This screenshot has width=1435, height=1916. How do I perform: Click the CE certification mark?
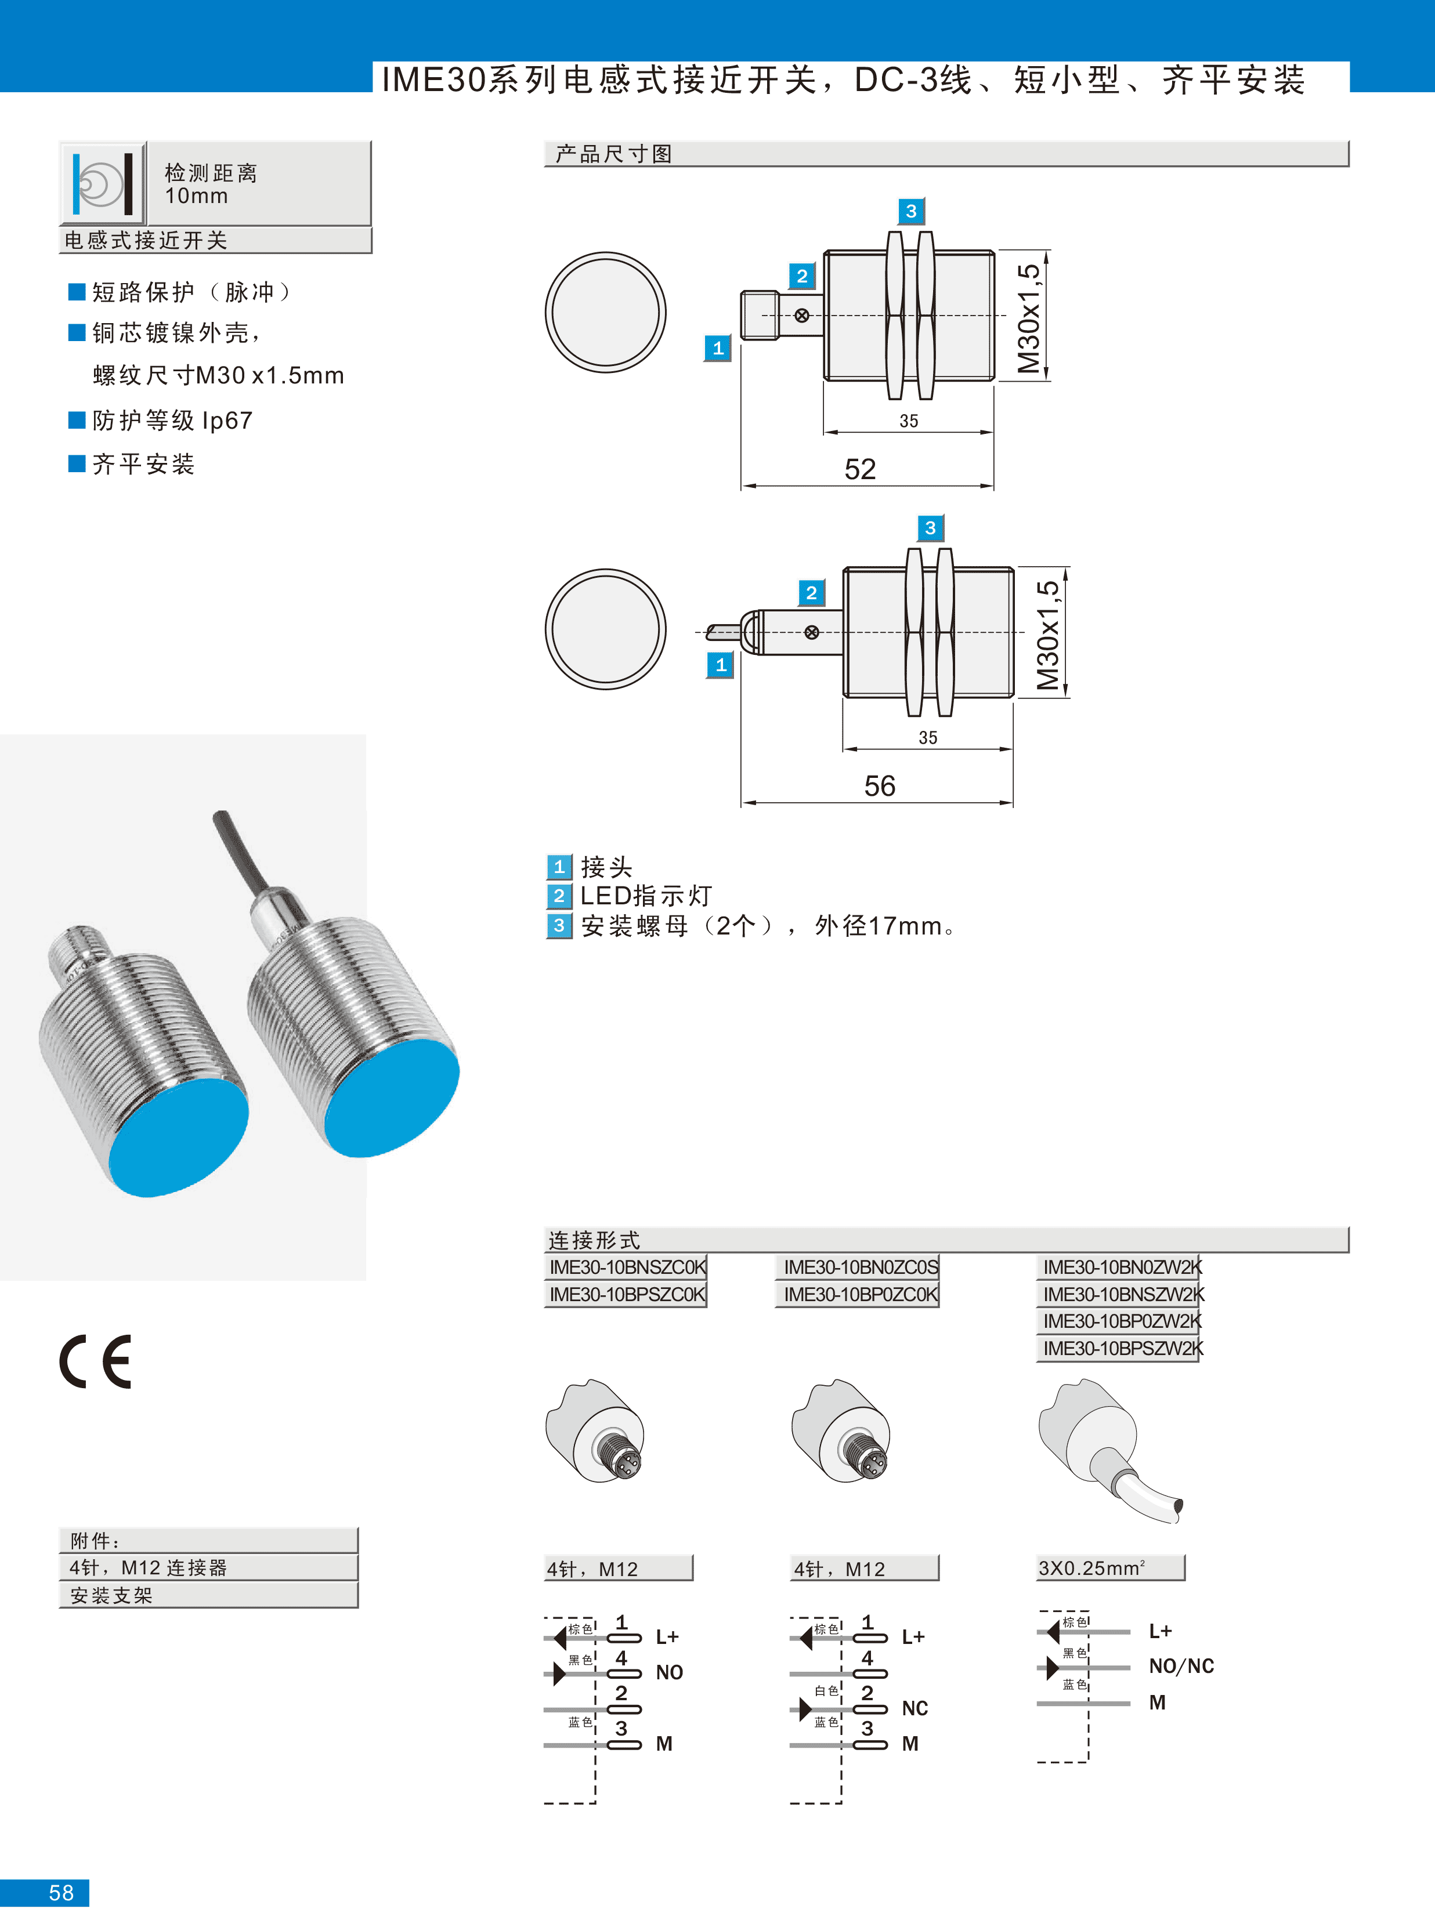[x=95, y=1363]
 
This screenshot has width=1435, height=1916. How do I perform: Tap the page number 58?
[x=62, y=1893]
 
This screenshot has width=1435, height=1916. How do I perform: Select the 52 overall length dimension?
[x=861, y=469]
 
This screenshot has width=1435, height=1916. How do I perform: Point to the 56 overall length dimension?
[x=880, y=787]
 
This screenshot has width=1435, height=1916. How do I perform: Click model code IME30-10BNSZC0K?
[x=627, y=1267]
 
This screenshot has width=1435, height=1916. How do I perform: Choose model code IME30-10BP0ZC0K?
[x=861, y=1294]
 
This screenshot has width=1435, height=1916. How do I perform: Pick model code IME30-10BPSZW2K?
[x=1123, y=1349]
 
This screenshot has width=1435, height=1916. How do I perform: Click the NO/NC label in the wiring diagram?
[x=1181, y=1667]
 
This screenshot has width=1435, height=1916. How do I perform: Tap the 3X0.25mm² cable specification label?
[x=1092, y=1568]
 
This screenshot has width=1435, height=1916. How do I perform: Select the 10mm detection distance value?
[x=197, y=197]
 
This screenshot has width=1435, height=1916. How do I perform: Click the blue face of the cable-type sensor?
[x=392, y=1098]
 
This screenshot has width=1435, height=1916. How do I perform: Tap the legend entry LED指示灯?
[x=646, y=896]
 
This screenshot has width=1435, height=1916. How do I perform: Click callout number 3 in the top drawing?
[x=911, y=211]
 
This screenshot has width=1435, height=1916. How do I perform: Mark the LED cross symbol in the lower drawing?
[x=812, y=632]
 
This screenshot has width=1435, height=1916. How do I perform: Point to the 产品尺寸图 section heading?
[x=613, y=154]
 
